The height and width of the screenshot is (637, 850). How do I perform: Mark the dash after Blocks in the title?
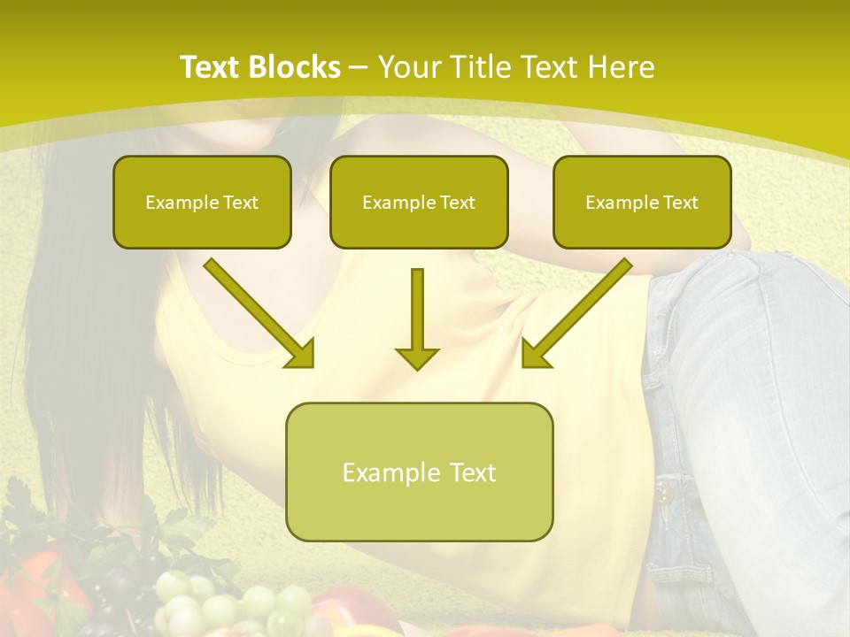tap(359, 68)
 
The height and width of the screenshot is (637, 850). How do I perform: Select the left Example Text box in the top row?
tap(202, 202)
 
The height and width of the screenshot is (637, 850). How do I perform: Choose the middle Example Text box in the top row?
tap(419, 202)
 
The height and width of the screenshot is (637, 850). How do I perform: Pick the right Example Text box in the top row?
tap(642, 202)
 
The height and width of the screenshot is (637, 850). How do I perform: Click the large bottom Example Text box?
tap(419, 472)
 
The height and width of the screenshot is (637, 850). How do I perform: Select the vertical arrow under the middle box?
tap(417, 310)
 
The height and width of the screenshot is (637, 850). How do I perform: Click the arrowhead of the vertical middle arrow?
tap(417, 357)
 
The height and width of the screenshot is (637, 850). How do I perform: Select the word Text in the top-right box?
tap(681, 203)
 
